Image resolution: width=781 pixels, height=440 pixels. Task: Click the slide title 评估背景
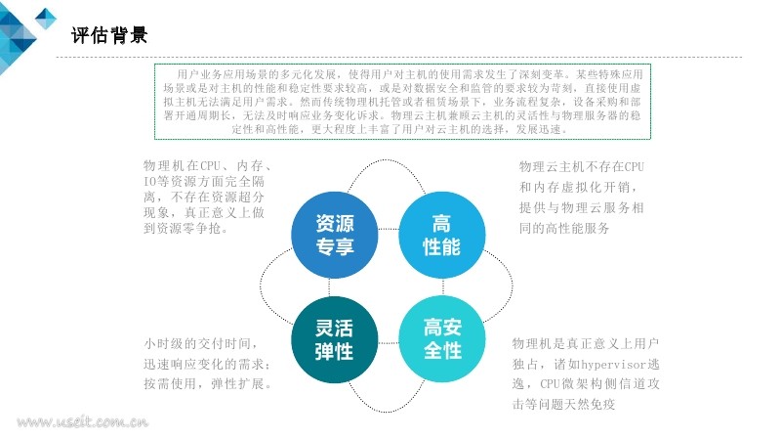[x=110, y=36]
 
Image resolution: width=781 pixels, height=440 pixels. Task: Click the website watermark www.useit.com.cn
[x=82, y=423]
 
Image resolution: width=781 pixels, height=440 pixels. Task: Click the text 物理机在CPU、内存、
[x=207, y=165]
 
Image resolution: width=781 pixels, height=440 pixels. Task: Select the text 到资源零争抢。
[x=185, y=228]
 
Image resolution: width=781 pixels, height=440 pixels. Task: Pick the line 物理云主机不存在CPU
[x=582, y=166]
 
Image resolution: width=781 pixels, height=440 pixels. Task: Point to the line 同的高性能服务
[x=564, y=228]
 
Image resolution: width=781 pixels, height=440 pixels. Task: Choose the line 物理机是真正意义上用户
[x=586, y=343]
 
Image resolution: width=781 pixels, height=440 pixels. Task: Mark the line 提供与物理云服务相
[x=582, y=207]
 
